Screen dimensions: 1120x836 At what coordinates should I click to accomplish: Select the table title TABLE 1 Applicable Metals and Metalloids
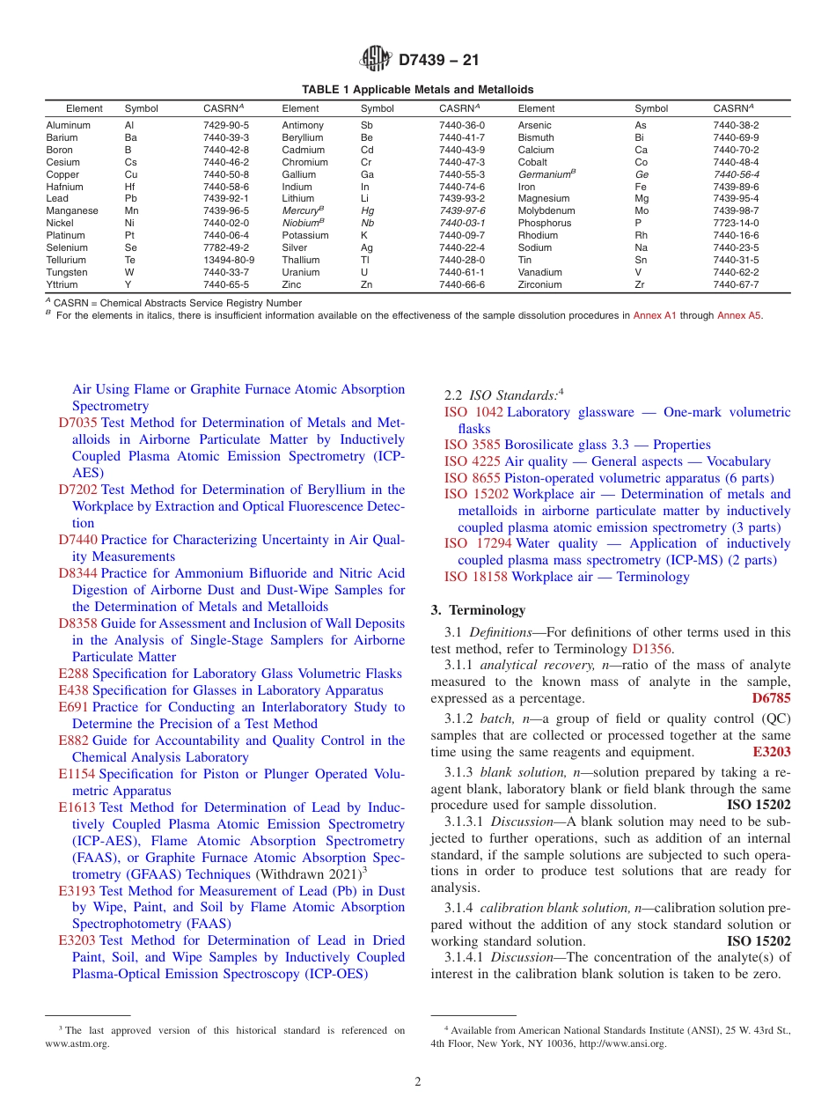coord(417,90)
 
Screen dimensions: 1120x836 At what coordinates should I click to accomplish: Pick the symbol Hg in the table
coord(367,211)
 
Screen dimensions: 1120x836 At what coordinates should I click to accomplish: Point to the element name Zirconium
coord(539,285)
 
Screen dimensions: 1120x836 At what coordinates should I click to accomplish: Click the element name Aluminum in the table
coord(68,126)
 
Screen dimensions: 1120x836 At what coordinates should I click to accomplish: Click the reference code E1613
coord(77,807)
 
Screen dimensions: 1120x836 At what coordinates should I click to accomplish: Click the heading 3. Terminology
coord(478,610)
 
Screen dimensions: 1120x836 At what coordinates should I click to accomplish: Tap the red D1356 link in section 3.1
coord(651,649)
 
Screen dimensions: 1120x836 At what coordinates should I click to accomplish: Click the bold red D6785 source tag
coord(771,698)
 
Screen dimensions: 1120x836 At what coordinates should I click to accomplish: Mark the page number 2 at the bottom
coord(418,1082)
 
